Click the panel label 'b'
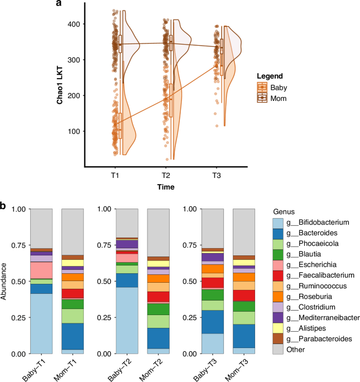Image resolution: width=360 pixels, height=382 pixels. pos(4,206)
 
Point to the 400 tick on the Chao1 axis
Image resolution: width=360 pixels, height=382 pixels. pos(74,24)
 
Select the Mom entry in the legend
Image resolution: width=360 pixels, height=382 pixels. pos(278,98)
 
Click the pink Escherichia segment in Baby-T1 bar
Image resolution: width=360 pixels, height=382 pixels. pos(41,270)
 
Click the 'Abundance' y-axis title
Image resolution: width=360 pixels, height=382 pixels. pos(5,282)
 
